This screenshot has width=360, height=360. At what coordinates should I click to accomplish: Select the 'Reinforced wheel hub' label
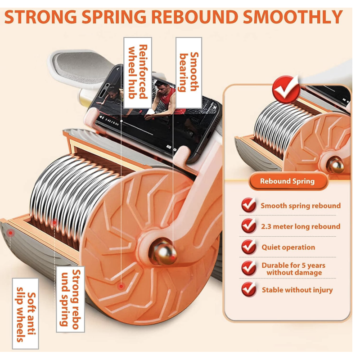tap(138, 72)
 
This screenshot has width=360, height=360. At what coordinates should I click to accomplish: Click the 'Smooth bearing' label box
tap(189, 72)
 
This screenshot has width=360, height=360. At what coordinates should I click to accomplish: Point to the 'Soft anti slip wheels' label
tap(26, 313)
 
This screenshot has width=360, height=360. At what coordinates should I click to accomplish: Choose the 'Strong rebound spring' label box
tap(71, 299)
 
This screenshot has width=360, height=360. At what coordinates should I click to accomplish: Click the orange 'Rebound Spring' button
tap(288, 181)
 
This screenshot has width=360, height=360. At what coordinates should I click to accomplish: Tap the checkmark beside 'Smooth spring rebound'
tap(249, 205)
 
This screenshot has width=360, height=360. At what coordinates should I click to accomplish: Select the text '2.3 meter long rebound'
tap(301, 227)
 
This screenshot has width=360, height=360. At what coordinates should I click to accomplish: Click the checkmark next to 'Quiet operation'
tap(249, 247)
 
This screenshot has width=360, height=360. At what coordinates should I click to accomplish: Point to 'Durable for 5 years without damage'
tap(294, 269)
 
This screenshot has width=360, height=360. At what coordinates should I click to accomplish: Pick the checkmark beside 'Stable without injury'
tap(249, 289)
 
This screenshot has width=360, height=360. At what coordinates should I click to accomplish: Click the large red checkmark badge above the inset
tap(286, 89)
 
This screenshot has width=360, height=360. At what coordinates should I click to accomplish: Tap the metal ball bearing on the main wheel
tap(162, 252)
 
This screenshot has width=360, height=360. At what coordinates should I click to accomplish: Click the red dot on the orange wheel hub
tap(121, 286)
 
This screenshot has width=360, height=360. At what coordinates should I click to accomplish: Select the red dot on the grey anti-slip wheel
tap(10, 233)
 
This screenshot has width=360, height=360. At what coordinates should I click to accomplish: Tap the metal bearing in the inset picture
tap(335, 165)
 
